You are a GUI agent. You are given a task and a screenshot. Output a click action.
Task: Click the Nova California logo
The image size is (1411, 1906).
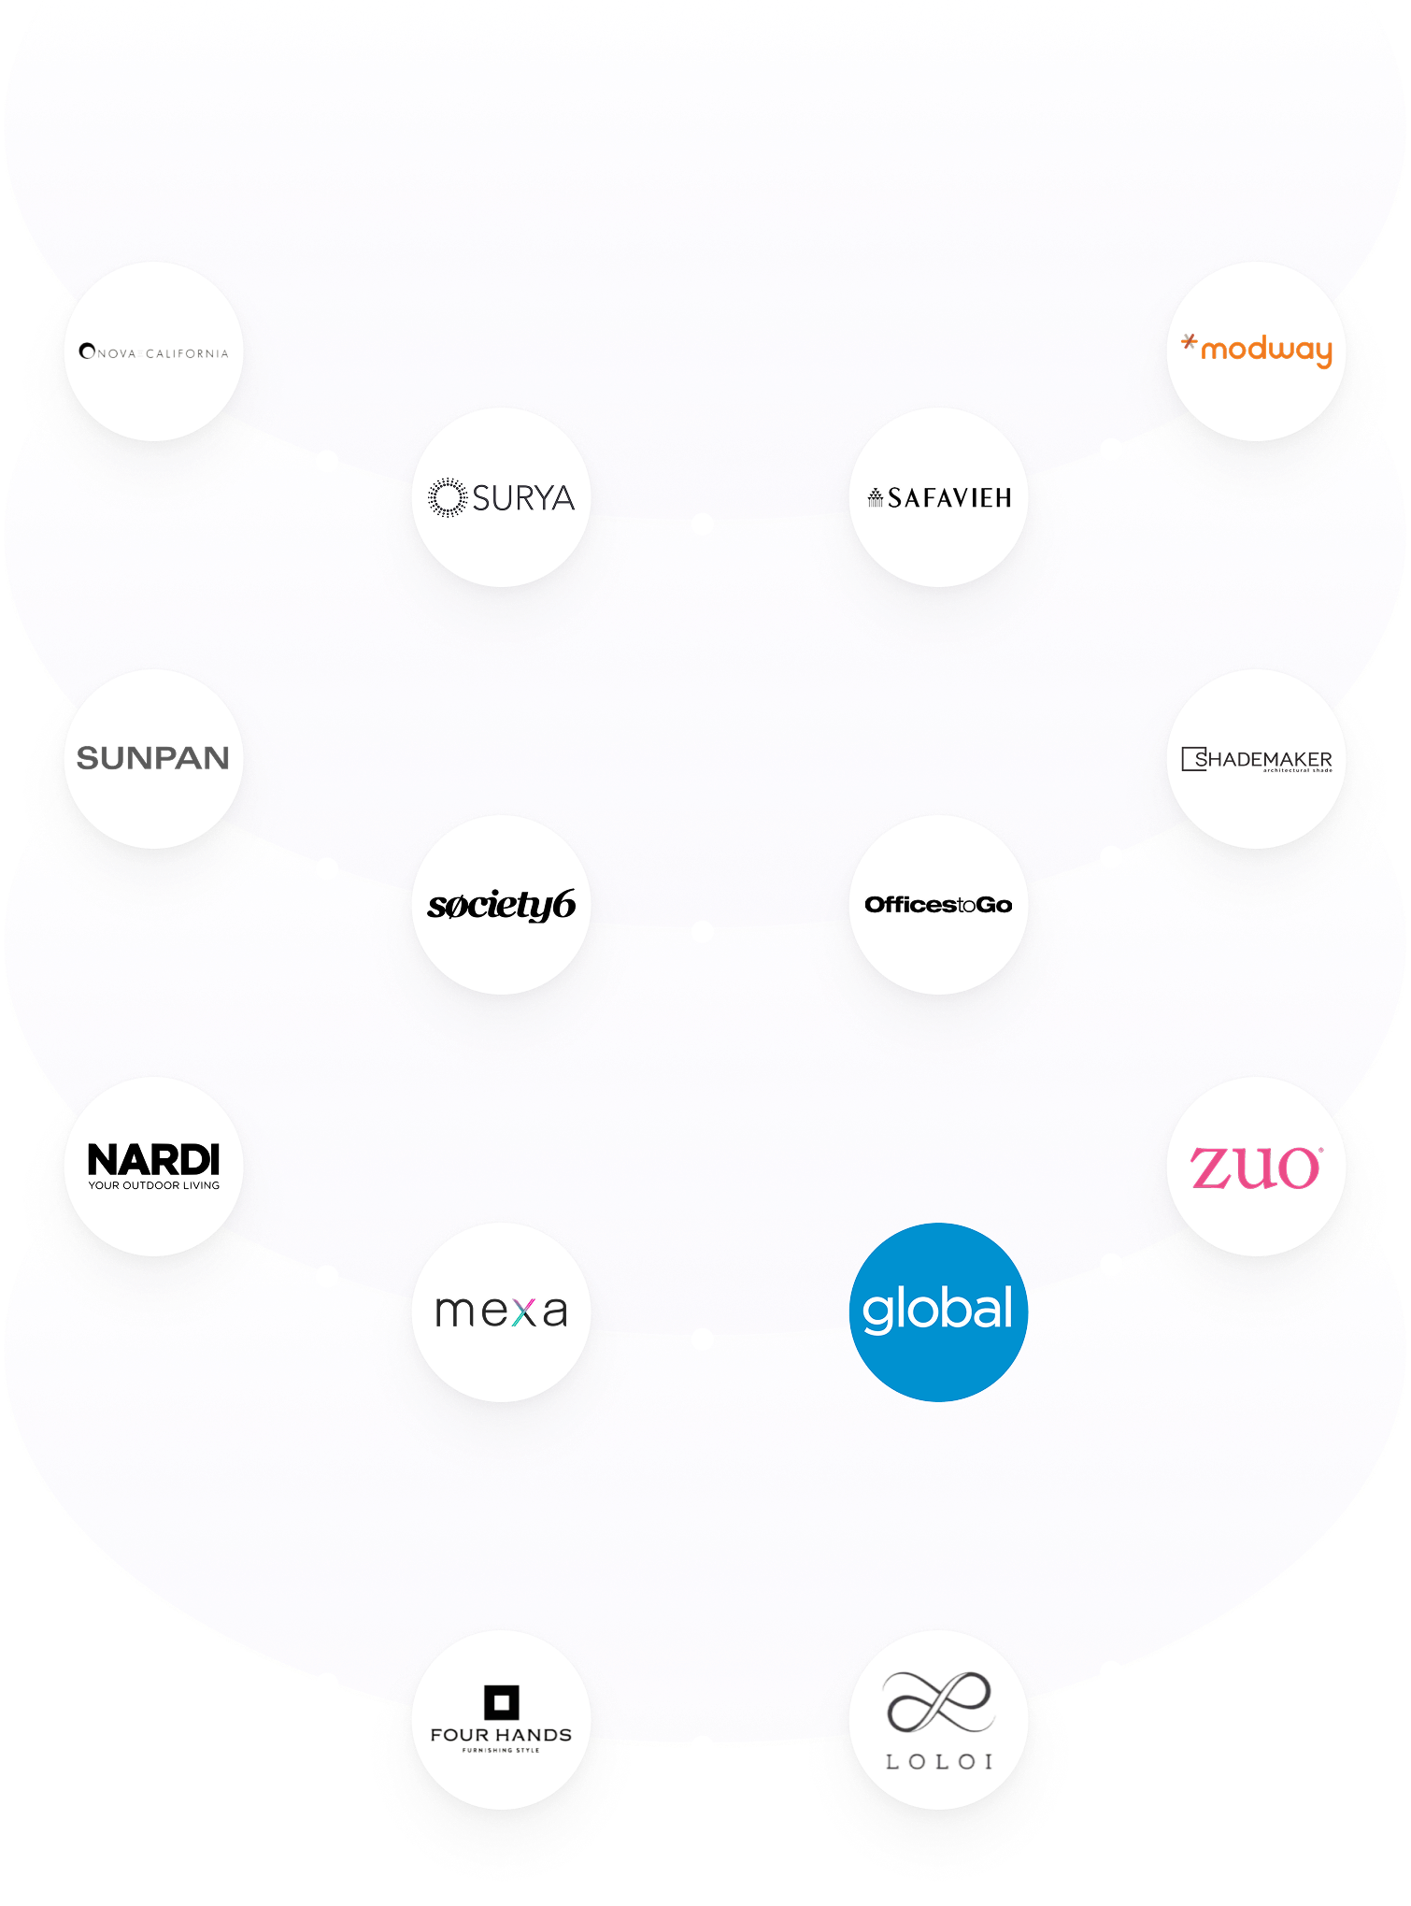[x=154, y=352]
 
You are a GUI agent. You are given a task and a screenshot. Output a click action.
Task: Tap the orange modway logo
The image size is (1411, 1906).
[x=1256, y=351]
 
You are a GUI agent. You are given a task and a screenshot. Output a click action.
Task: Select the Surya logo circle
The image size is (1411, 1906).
[x=501, y=497]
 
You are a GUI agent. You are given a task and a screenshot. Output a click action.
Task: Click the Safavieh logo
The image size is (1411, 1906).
[x=939, y=497]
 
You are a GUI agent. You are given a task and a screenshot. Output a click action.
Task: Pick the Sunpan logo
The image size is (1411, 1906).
[x=153, y=758]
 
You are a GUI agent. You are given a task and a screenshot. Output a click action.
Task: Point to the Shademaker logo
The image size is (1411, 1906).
[x=1256, y=759]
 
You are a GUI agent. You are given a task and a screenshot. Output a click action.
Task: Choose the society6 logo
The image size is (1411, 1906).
[x=501, y=905]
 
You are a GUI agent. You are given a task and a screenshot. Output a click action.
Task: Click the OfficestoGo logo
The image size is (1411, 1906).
[x=938, y=905]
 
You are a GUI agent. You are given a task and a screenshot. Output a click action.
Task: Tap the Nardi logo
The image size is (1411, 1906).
[x=154, y=1166]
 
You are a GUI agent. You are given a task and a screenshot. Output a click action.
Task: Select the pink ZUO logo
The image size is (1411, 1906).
[x=1255, y=1168]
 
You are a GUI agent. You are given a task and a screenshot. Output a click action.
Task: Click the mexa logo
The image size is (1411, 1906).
[x=501, y=1311]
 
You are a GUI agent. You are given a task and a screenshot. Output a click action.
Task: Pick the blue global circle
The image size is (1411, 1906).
[x=938, y=1311]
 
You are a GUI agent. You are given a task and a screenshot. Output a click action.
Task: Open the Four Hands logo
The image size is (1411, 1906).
[x=501, y=1720]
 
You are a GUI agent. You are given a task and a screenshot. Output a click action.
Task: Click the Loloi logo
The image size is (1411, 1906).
[x=938, y=1720]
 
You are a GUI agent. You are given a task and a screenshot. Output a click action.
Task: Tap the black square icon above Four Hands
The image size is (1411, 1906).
[x=501, y=1702]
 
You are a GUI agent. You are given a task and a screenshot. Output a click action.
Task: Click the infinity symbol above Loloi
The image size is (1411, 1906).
[x=938, y=1701]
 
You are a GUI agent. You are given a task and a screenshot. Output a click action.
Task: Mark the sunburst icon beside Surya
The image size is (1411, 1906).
[x=447, y=497]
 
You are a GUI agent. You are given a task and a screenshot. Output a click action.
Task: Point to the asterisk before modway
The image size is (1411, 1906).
[x=1189, y=343]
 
